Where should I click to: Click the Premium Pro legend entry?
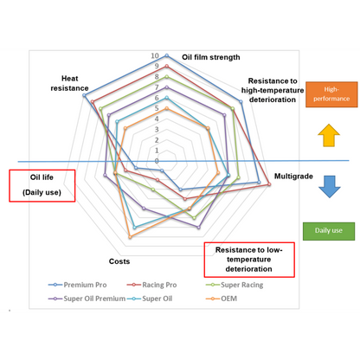(x=78, y=285)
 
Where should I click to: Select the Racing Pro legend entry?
(x=151, y=285)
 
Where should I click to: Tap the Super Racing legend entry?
(x=235, y=285)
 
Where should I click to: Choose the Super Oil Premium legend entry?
(x=87, y=299)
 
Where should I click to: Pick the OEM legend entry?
(x=222, y=299)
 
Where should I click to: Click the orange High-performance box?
(x=331, y=94)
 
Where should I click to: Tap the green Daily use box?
(x=329, y=231)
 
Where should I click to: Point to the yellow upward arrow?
(x=329, y=135)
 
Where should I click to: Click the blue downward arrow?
(x=330, y=187)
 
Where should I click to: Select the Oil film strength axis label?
(x=211, y=57)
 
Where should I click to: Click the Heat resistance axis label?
(x=69, y=83)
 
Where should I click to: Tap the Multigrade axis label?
(x=293, y=176)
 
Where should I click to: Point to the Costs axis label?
(x=119, y=261)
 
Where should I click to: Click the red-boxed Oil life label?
(x=42, y=185)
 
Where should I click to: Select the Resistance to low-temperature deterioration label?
(x=249, y=260)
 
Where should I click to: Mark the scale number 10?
(x=155, y=55)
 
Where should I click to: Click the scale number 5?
(x=157, y=108)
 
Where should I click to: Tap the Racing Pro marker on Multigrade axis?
(x=269, y=184)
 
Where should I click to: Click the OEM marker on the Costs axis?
(x=130, y=237)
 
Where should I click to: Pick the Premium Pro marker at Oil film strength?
(x=166, y=55)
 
